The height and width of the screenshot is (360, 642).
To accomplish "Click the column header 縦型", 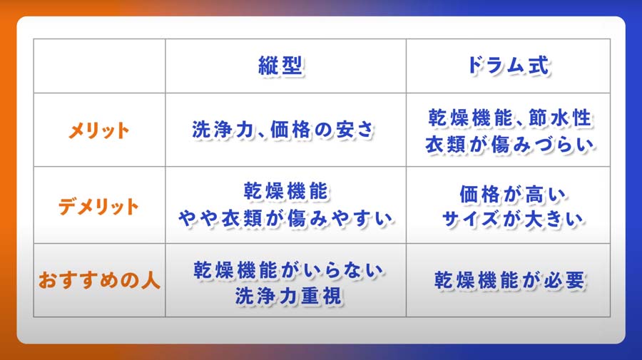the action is click(x=281, y=66).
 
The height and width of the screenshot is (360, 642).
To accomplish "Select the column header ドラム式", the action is click(x=508, y=66).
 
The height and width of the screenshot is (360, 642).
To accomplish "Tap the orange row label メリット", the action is click(x=98, y=131).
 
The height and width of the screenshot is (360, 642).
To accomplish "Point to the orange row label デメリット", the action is click(x=98, y=206).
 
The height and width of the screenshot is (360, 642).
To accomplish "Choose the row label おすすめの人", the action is click(x=99, y=281).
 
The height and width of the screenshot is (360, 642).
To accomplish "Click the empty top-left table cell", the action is click(x=99, y=66).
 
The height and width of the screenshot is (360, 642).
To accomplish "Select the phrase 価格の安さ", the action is click(x=322, y=130).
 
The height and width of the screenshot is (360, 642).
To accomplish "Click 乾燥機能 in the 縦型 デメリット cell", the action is click(x=286, y=192).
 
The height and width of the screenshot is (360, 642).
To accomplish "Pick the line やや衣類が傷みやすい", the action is click(x=286, y=219).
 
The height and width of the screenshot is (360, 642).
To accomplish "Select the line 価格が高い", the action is click(x=512, y=195).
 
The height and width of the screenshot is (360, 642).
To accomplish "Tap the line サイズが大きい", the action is click(x=512, y=219).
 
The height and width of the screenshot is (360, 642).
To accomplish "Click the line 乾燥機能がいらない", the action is click(x=288, y=270).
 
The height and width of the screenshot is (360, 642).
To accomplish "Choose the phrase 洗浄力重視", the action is click(x=288, y=296).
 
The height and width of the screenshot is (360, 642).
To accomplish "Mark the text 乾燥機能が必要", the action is click(x=510, y=281).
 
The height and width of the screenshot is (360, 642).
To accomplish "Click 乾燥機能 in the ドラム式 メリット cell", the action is click(x=471, y=118).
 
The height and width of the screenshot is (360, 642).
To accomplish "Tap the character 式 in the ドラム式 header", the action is click(x=539, y=66).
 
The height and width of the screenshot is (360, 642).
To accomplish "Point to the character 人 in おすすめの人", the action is click(x=151, y=281).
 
